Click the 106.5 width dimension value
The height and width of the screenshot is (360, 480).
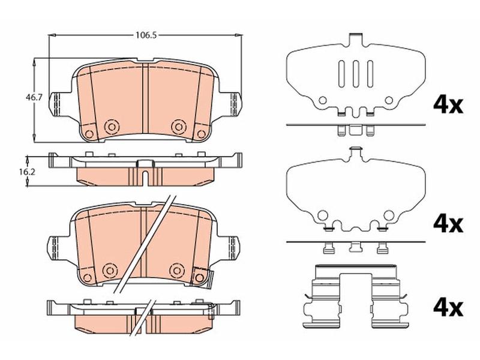click(146, 35)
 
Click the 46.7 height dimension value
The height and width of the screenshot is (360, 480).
click(34, 98)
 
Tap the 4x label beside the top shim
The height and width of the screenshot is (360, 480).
click(448, 105)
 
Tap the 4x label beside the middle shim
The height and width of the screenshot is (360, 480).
click(448, 224)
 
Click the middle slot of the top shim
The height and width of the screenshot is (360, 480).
click(355, 74)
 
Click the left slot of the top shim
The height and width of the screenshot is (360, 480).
click(341, 74)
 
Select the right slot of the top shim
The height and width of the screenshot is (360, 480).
click(370, 74)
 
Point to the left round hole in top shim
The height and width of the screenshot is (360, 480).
click(322, 100)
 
